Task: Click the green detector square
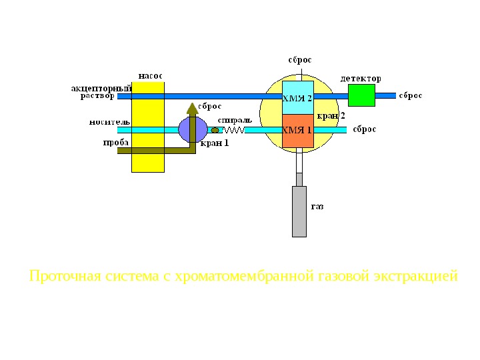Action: pyautogui.click(x=362, y=95)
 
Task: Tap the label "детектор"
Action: pyautogui.click(x=361, y=78)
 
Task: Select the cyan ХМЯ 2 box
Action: pyautogui.click(x=297, y=98)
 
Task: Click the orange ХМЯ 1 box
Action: pyautogui.click(x=297, y=130)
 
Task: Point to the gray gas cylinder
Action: pyautogui.click(x=299, y=211)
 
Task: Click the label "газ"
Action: pyautogui.click(x=317, y=207)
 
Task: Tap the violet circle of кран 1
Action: pyautogui.click(x=193, y=130)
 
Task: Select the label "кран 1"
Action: pyautogui.click(x=215, y=142)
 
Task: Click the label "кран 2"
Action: pyautogui.click(x=331, y=116)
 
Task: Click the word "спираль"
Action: pyautogui.click(x=234, y=120)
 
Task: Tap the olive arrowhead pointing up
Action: pyautogui.click(x=193, y=108)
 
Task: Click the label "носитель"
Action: pyautogui.click(x=110, y=122)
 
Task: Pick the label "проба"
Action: pyautogui.click(x=115, y=142)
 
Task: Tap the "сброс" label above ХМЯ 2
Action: pyautogui.click(x=299, y=59)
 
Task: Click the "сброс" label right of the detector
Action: pyautogui.click(x=411, y=95)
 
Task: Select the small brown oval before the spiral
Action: pyautogui.click(x=215, y=131)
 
